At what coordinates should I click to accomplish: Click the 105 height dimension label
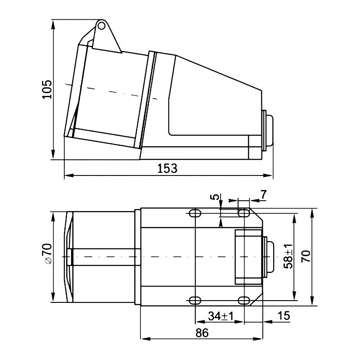click(x=46, y=89)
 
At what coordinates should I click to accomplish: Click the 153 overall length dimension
click(x=167, y=168)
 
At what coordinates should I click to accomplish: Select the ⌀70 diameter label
click(x=47, y=255)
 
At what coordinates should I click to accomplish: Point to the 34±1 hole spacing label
click(x=220, y=316)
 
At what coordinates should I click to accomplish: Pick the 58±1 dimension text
click(x=288, y=256)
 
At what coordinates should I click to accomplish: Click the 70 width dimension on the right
click(x=306, y=256)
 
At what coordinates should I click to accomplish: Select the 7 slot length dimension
click(x=263, y=194)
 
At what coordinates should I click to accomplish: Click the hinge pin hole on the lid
click(x=102, y=26)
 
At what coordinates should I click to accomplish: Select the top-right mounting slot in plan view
click(x=243, y=213)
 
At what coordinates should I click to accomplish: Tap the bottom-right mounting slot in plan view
click(x=243, y=300)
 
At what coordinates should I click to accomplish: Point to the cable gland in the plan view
click(x=269, y=256)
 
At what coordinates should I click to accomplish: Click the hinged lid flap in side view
click(x=106, y=38)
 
